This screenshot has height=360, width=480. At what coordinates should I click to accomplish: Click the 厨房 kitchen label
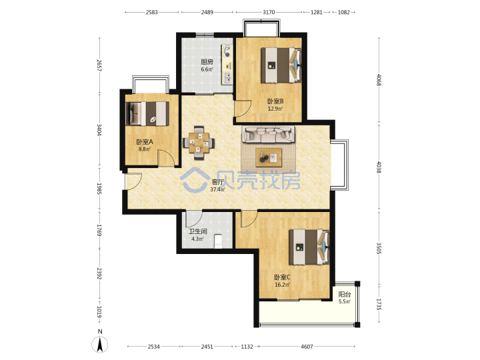[x=207, y=62]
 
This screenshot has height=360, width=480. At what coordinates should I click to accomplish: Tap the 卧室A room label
[x=145, y=142]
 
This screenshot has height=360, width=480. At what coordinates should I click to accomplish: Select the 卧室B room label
[x=275, y=101]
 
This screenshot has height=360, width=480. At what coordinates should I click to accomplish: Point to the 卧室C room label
[x=282, y=277]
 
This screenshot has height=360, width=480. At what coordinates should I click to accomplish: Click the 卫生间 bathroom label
[x=198, y=231]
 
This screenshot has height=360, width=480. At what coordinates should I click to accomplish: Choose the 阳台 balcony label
[x=345, y=295]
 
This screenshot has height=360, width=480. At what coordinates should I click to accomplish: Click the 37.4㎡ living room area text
[x=217, y=189]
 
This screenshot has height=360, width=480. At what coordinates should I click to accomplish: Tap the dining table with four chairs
[x=199, y=143]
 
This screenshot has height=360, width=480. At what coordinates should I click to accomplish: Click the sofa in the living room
[x=269, y=134]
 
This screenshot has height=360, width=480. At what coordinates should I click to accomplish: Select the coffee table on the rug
[x=269, y=157]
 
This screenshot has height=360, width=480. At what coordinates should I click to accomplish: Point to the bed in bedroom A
[x=147, y=113]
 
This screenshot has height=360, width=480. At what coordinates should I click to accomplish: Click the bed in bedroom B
[x=281, y=65]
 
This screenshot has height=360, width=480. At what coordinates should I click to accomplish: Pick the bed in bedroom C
[x=309, y=247]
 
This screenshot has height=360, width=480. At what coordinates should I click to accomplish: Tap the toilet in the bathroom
[x=218, y=241]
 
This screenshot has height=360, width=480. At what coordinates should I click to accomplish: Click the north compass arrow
[x=99, y=345]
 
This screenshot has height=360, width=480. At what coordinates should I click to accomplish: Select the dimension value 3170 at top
[x=269, y=12]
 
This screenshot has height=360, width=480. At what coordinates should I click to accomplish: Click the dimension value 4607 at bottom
[x=307, y=347]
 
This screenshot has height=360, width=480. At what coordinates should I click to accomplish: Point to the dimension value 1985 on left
[x=99, y=189]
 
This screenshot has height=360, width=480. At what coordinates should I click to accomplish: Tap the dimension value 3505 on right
[x=379, y=248]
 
